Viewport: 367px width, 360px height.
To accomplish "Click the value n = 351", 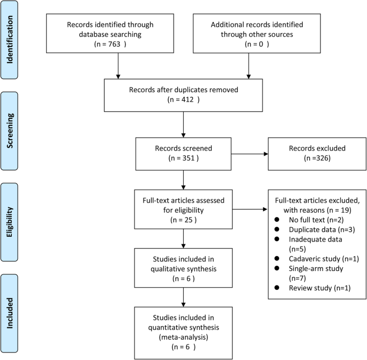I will tap(183, 158).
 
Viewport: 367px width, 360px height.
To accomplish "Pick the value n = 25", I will tap(183, 219).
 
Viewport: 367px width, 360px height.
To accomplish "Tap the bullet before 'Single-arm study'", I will tap(276, 267).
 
